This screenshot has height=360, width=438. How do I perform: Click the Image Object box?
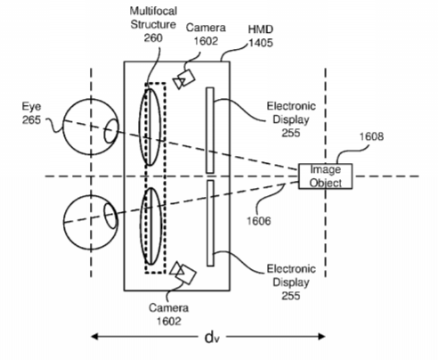(325, 176)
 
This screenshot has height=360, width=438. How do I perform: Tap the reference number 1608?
(371, 136)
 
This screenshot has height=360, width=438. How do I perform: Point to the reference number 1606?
(259, 221)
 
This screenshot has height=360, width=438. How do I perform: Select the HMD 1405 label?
(261, 36)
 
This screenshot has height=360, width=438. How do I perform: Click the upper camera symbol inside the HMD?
(184, 79)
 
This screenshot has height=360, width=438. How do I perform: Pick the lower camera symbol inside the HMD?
(182, 273)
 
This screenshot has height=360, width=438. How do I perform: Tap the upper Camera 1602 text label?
(206, 34)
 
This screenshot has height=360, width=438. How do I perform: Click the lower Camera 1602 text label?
(168, 315)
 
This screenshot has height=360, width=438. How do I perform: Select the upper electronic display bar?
(210, 130)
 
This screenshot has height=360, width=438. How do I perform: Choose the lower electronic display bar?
(210, 223)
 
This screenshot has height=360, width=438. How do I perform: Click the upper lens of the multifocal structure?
(150, 127)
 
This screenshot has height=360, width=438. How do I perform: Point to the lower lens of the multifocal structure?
(151, 226)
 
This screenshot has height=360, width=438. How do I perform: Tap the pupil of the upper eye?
(111, 131)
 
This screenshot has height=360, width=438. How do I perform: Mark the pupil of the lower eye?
(110, 217)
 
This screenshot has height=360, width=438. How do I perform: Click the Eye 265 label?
(31, 113)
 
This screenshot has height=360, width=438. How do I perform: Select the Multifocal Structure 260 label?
(153, 24)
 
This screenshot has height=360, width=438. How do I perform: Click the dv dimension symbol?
(212, 337)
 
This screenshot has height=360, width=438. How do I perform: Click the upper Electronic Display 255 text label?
(291, 119)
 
